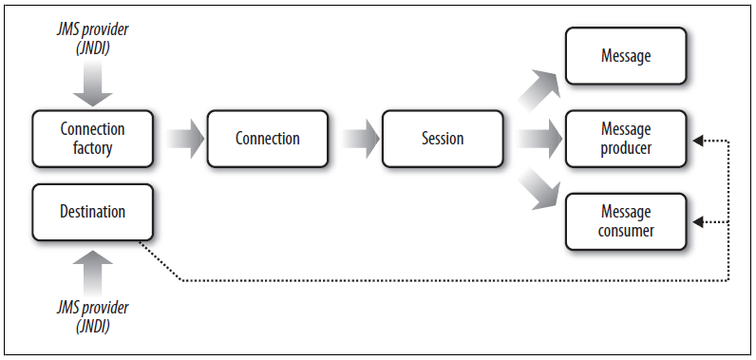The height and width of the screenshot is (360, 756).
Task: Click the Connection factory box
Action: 93,139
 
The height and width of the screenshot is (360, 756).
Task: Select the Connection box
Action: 268,139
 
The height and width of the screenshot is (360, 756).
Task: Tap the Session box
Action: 443,139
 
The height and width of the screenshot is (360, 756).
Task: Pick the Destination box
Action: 93,212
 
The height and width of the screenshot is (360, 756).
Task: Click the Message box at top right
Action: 626,56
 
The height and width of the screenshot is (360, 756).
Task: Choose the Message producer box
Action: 626,139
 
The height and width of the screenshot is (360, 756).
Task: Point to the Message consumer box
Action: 626,220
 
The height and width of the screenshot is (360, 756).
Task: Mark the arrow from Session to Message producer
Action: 539,139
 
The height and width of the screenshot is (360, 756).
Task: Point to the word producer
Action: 626,148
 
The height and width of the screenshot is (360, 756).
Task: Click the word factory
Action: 93,148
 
